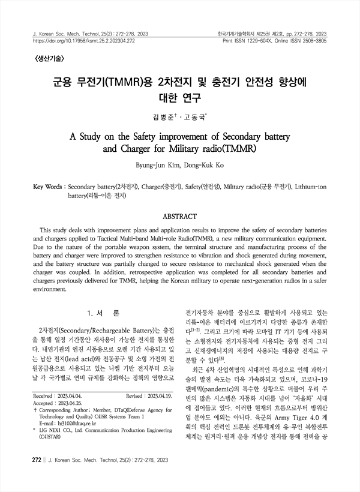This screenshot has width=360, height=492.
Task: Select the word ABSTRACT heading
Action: click(x=179, y=215)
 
